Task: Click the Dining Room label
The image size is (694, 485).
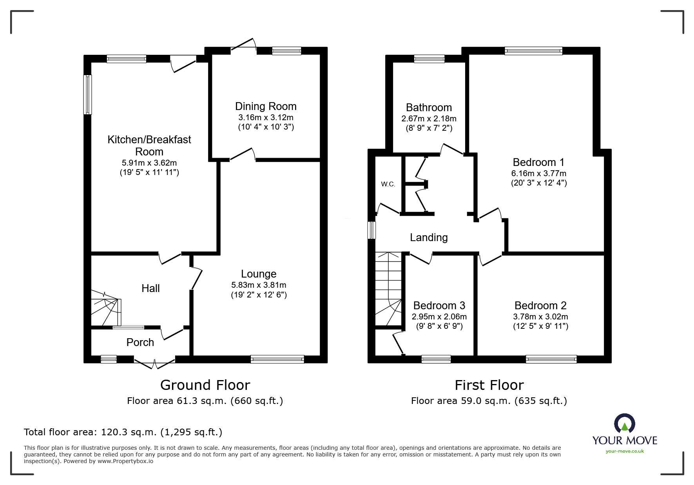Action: point(266,106)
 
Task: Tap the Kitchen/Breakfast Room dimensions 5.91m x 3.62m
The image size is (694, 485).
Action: point(149,163)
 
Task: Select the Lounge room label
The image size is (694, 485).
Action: point(259,274)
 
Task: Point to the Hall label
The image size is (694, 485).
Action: point(150,288)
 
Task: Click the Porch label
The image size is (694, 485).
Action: point(140,343)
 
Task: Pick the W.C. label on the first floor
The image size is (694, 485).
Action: point(388,184)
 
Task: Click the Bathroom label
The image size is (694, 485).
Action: point(429,108)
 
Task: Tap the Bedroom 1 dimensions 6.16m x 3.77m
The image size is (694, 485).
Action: point(539,173)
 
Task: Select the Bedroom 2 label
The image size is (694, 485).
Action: point(540,306)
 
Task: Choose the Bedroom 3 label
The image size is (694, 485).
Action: point(439,306)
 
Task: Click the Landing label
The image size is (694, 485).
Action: point(429,238)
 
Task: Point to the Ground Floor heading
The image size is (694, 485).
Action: point(205,385)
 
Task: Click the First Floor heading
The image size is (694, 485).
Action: point(489,385)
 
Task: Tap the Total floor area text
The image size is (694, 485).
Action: point(123,432)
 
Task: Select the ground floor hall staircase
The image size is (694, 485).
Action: point(106,308)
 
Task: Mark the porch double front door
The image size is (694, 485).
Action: point(154,362)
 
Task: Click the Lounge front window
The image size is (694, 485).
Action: point(277,359)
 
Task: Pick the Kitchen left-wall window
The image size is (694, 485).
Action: point(88,94)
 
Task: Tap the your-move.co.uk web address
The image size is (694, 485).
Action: point(625,451)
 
